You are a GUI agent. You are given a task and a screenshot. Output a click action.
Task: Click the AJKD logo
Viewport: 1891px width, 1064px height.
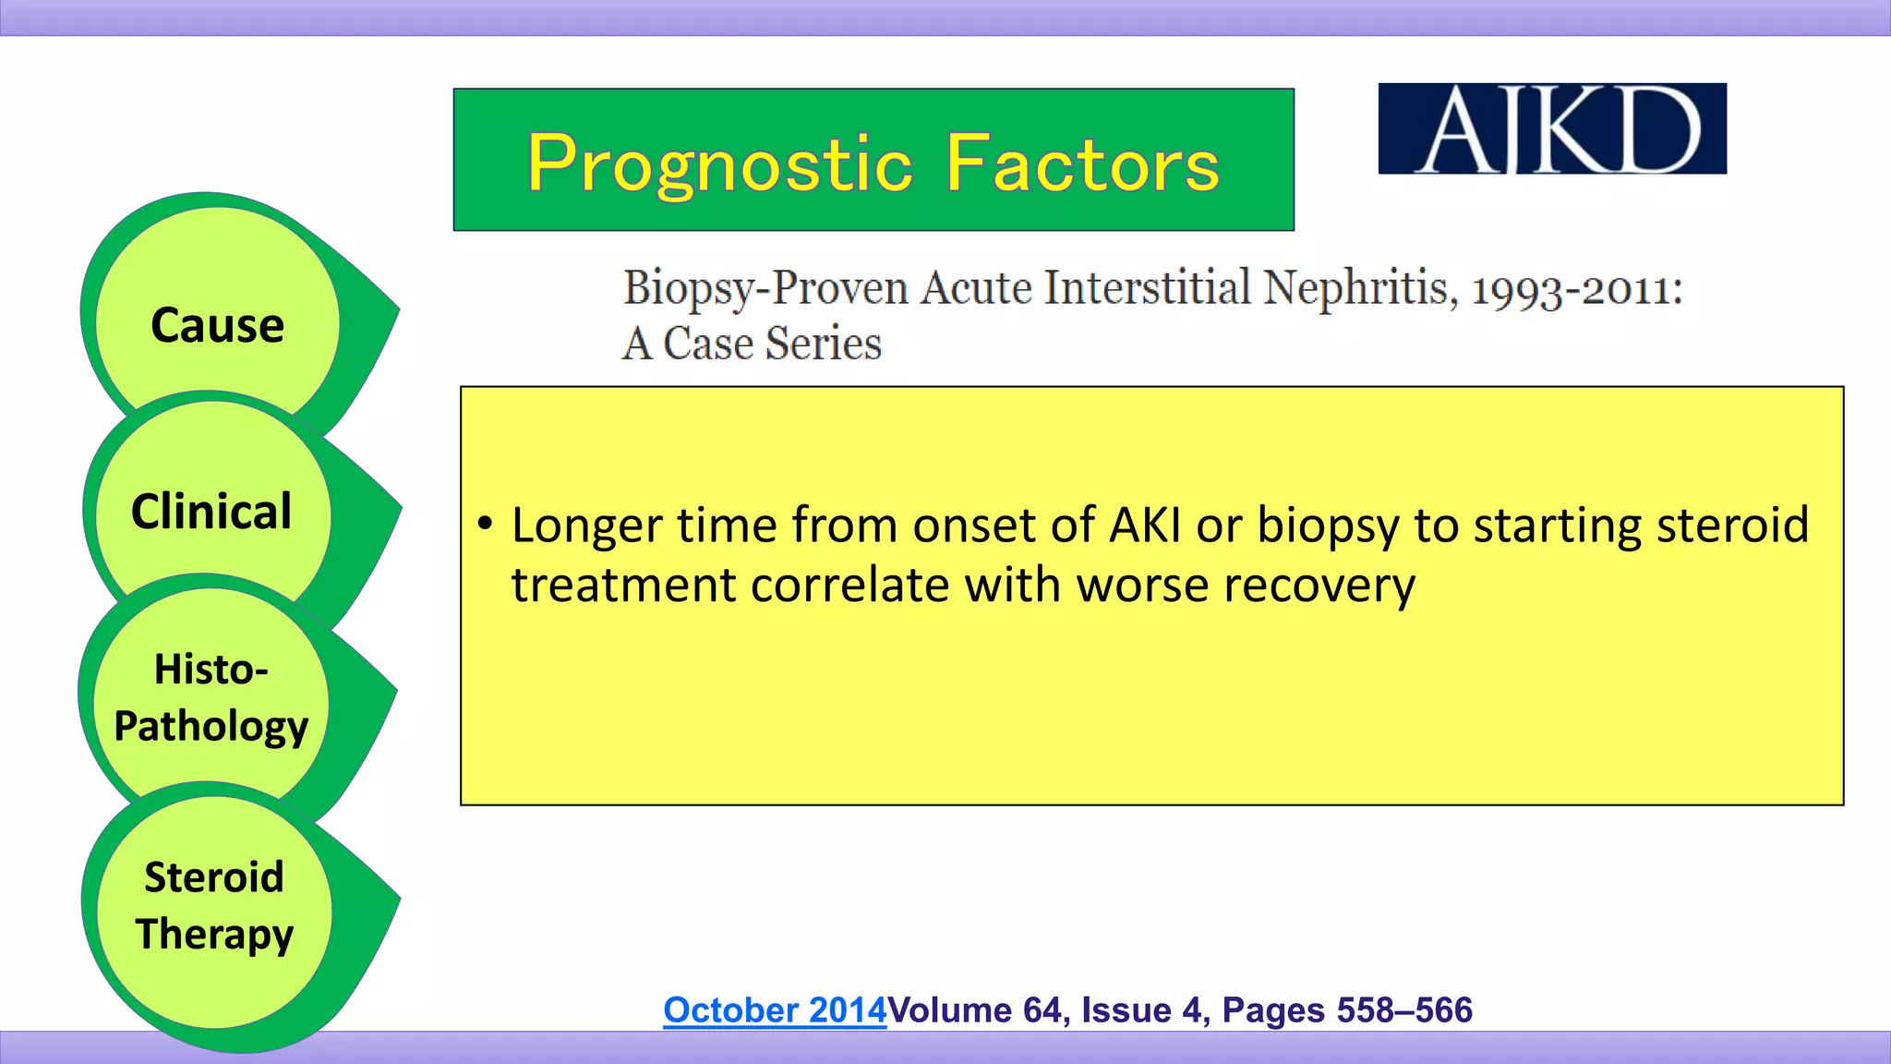coord(1551,128)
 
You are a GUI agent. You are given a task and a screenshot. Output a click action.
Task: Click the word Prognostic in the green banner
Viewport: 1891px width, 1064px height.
coord(720,163)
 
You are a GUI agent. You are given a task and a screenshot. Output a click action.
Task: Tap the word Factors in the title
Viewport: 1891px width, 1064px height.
coord(1082,163)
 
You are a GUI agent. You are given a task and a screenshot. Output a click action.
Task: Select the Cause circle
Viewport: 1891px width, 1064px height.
coord(218,324)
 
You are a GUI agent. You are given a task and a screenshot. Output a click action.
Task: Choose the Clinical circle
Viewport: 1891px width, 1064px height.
coord(211,511)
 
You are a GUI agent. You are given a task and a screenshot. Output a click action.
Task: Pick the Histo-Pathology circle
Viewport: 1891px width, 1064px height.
coord(211,697)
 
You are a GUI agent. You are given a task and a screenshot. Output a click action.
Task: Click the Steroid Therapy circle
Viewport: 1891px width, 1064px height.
coord(214,905)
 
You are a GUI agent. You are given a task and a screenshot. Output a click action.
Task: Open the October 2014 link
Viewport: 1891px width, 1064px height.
coord(774,1010)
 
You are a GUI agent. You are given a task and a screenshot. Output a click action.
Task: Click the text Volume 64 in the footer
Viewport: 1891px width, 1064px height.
coord(974,1010)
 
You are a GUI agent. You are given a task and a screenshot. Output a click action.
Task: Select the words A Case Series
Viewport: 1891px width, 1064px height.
coord(752,344)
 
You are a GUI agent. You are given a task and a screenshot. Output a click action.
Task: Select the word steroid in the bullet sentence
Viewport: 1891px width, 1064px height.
coord(1732,525)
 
